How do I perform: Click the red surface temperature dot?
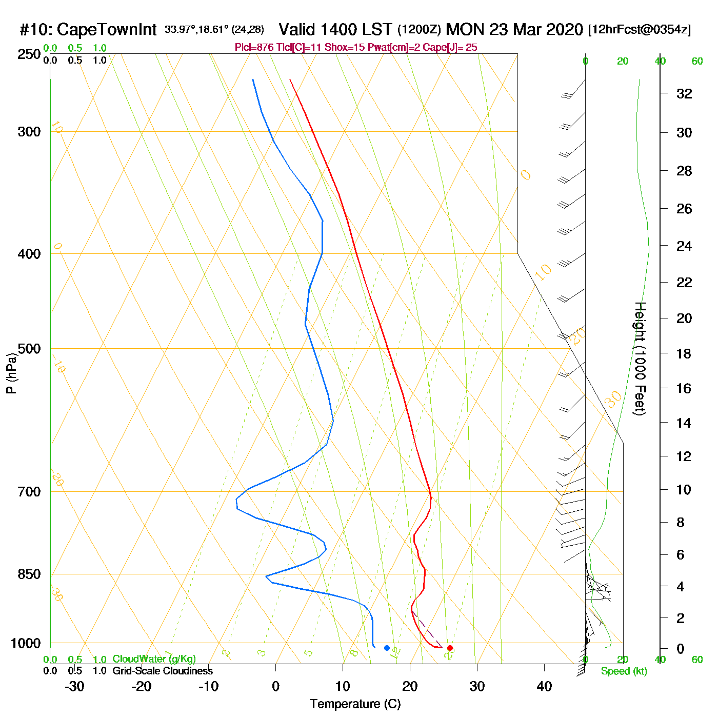click(x=450, y=648)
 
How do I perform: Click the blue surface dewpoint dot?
click(x=387, y=648)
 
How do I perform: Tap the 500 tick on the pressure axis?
click(x=29, y=349)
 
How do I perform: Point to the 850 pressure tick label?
click(x=29, y=574)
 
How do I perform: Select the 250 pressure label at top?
click(x=29, y=54)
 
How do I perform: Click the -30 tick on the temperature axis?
click(x=74, y=686)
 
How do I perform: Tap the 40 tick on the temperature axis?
click(x=544, y=686)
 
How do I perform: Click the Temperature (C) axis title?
click(x=355, y=704)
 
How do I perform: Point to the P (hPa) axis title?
click(x=11, y=373)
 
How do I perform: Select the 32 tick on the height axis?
click(x=684, y=94)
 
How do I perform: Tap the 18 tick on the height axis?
click(x=684, y=354)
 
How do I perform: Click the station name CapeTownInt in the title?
click(x=106, y=30)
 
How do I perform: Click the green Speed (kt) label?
click(x=624, y=671)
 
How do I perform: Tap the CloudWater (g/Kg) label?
click(x=154, y=659)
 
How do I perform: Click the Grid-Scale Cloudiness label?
click(x=163, y=671)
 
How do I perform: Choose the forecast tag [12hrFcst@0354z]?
click(x=640, y=30)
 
